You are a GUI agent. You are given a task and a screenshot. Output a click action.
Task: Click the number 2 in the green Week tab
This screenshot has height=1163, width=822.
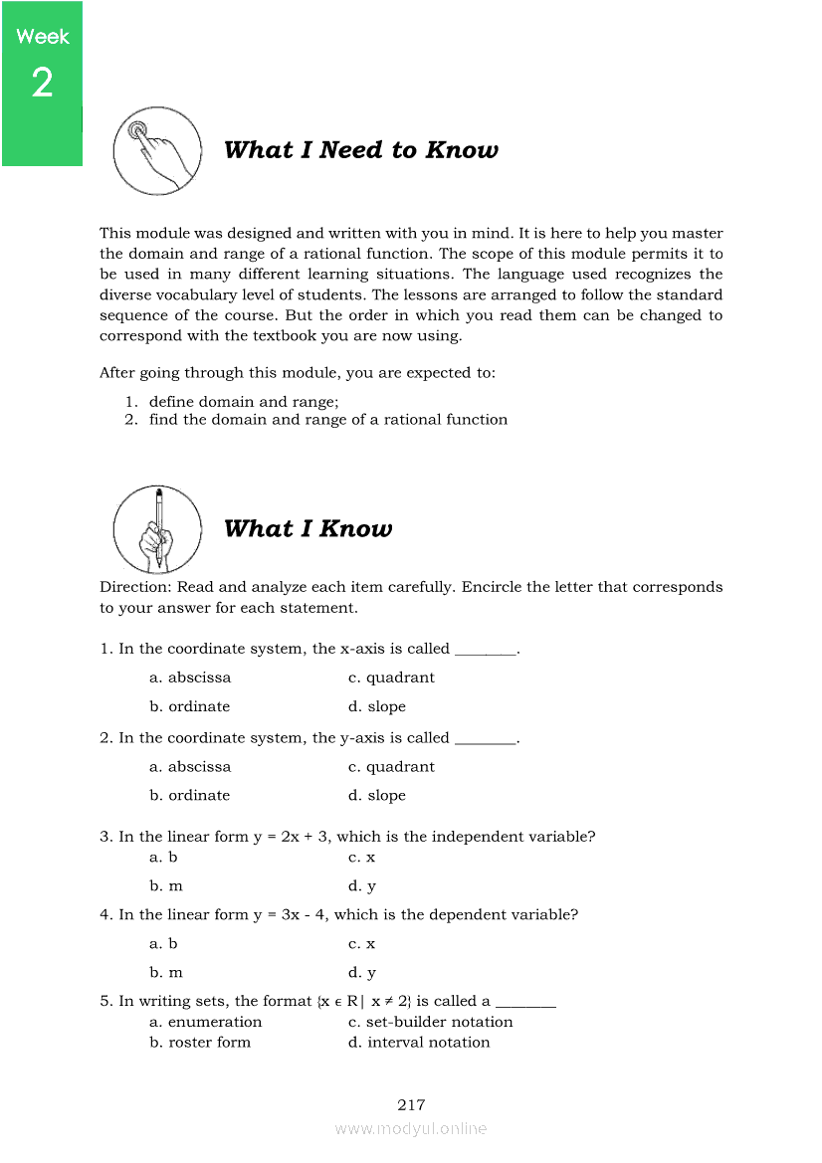pyautogui.click(x=42, y=84)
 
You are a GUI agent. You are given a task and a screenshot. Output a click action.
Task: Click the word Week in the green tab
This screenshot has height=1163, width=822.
pyautogui.click(x=43, y=37)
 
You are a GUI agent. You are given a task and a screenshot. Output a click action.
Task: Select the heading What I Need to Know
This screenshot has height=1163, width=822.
pyautogui.click(x=360, y=150)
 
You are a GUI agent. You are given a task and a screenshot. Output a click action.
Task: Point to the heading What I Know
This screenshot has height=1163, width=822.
pyautogui.click(x=308, y=529)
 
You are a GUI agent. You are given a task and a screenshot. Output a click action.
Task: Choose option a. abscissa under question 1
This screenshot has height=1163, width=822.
pyautogui.click(x=190, y=678)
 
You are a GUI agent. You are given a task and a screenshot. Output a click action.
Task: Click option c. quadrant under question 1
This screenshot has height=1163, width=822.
pyautogui.click(x=391, y=678)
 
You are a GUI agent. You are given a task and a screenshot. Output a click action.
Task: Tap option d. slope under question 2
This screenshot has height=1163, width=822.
pyautogui.click(x=377, y=796)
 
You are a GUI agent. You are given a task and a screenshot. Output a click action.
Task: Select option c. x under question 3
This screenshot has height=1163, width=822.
pyautogui.click(x=362, y=858)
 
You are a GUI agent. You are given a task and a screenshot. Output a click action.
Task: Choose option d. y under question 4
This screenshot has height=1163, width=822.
pyautogui.click(x=362, y=973)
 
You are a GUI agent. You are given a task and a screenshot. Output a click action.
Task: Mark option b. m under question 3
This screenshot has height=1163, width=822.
pyautogui.click(x=166, y=886)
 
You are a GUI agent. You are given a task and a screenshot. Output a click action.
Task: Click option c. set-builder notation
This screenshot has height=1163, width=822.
pyautogui.click(x=430, y=1022)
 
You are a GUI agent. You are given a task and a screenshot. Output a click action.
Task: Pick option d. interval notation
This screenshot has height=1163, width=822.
pyautogui.click(x=419, y=1043)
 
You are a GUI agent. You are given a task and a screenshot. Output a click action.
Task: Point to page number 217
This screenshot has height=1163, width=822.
pyautogui.click(x=411, y=1105)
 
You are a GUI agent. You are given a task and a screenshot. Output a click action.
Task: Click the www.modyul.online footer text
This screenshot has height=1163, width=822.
pyautogui.click(x=411, y=1129)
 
